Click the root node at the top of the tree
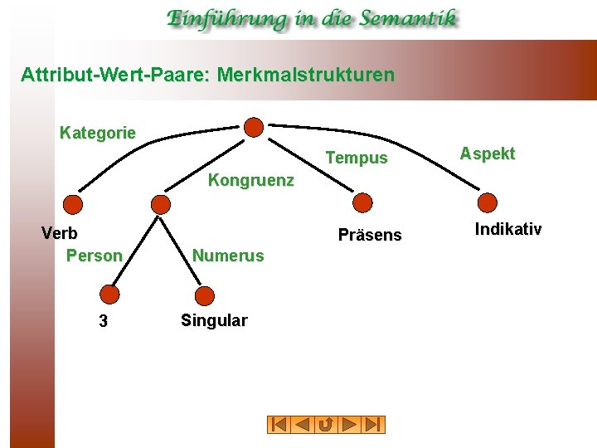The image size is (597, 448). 255,127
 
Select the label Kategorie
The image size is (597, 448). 98,133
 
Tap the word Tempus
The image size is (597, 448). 357,158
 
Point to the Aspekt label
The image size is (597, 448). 488,153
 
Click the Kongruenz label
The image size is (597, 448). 250,180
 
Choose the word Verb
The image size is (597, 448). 60,233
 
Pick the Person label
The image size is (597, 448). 94,256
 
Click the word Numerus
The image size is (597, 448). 228,256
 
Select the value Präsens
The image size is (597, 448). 370,236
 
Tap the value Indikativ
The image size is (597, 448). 508,229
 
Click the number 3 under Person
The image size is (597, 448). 103,322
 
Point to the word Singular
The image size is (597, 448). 214,321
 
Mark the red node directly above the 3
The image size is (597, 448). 109,294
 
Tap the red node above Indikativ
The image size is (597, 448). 488,202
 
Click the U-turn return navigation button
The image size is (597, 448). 326,425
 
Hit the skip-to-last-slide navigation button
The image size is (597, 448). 374,425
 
